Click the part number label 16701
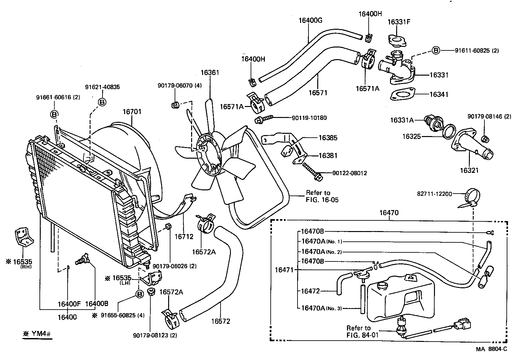[132, 112]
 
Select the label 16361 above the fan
[210, 72]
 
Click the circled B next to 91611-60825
[436, 50]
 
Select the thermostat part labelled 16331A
[433, 123]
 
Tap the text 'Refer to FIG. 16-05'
[322, 196]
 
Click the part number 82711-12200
[434, 194]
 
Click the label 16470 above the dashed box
[389, 213]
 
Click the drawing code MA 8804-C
[491, 349]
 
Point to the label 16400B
[96, 304]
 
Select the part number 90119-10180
[309, 118]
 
